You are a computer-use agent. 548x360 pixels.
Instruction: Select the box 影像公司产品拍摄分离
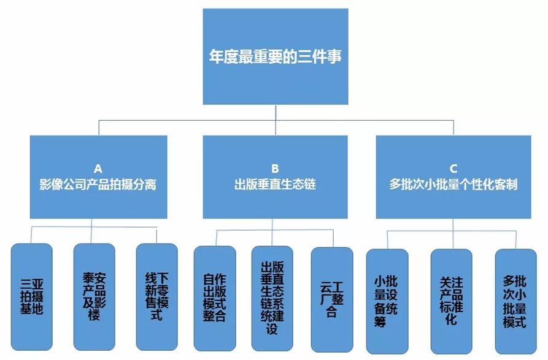click(98, 177)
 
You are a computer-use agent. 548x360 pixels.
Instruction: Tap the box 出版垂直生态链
click(276, 177)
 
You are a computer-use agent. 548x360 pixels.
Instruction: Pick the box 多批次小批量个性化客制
click(453, 177)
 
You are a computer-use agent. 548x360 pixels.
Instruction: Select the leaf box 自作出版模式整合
click(214, 297)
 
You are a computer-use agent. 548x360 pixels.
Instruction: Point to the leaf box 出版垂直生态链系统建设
click(272, 297)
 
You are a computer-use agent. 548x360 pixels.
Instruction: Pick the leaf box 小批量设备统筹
click(387, 301)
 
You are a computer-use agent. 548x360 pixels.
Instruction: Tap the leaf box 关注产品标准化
click(451, 301)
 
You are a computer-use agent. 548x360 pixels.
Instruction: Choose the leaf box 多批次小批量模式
click(515, 301)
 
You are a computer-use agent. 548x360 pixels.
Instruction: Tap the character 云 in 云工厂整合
click(326, 286)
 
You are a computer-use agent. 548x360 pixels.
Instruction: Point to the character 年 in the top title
click(216, 57)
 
